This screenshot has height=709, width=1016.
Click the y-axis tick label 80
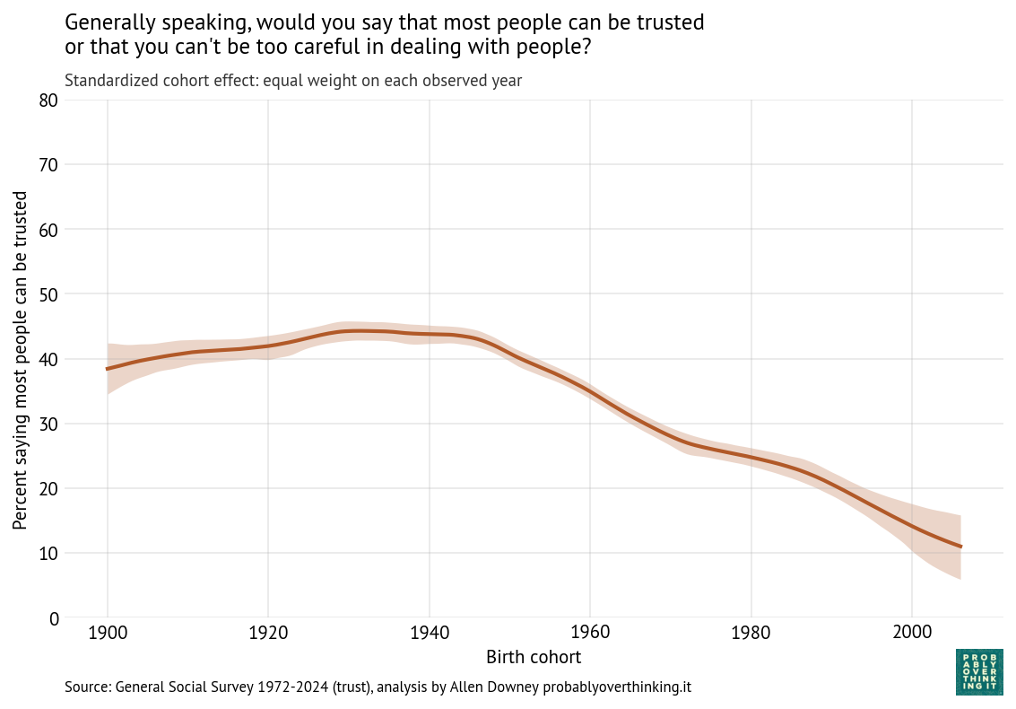tap(49, 101)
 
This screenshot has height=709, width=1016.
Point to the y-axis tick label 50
tap(49, 294)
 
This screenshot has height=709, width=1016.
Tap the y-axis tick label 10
tap(49, 553)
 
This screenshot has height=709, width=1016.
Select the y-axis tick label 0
tap(54, 617)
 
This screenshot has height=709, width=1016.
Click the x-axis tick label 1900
tap(108, 632)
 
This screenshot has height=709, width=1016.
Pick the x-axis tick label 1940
tap(429, 632)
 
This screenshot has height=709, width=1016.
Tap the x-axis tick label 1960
tap(590, 632)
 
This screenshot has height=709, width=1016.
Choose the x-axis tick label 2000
tap(911, 632)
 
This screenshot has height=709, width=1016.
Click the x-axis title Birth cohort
tap(534, 657)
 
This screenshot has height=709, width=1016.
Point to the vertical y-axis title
tap(20, 359)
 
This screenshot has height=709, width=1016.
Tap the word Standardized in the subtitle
tap(109, 81)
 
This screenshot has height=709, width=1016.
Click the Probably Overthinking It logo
tap(979, 671)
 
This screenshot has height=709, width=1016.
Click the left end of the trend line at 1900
tap(108, 369)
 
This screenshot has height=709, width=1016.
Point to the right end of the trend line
tap(960, 547)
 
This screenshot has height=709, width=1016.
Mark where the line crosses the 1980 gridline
tap(751, 458)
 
